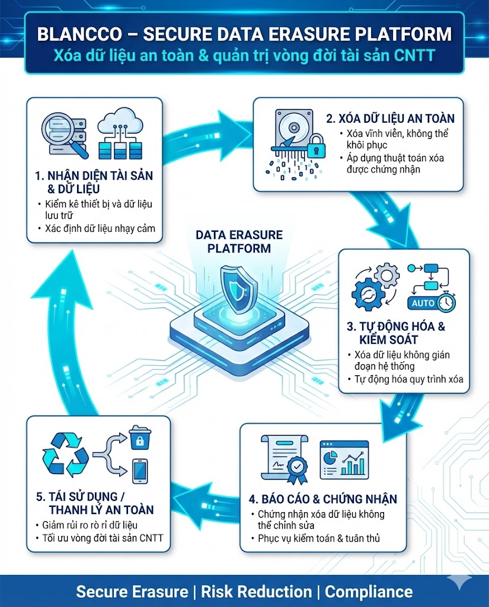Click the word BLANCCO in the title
(76, 34)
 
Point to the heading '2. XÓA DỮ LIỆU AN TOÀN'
(390, 119)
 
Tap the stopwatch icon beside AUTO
(446, 302)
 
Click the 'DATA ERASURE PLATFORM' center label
(239, 241)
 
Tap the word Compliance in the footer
(369, 591)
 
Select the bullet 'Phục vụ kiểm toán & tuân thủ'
(319, 538)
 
